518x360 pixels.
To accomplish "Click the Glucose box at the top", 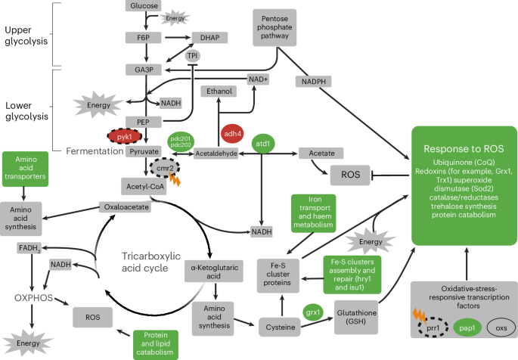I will click(x=143, y=6).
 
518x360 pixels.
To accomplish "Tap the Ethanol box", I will click(x=219, y=92).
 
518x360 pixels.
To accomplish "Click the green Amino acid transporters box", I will click(x=26, y=171).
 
